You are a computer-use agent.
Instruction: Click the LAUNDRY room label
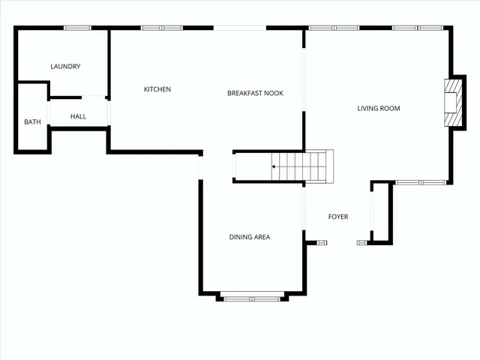(65, 67)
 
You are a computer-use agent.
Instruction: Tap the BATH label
(32, 121)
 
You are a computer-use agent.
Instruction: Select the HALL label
(79, 116)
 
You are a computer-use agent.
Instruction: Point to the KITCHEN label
(157, 89)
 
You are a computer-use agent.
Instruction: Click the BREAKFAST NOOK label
(255, 93)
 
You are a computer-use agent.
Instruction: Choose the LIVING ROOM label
(378, 109)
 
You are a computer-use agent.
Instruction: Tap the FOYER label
(338, 217)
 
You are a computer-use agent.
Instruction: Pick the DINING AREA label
(250, 237)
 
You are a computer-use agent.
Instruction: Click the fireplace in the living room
(451, 103)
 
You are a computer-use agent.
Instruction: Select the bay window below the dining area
(251, 298)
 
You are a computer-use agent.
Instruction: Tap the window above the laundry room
(77, 28)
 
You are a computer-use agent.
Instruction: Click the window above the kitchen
(162, 28)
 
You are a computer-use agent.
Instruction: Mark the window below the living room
(420, 182)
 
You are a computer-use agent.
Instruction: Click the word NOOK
(273, 93)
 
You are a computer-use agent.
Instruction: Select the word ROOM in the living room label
(389, 109)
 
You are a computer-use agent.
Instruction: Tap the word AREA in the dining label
(261, 237)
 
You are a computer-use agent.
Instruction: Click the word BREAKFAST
(244, 93)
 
